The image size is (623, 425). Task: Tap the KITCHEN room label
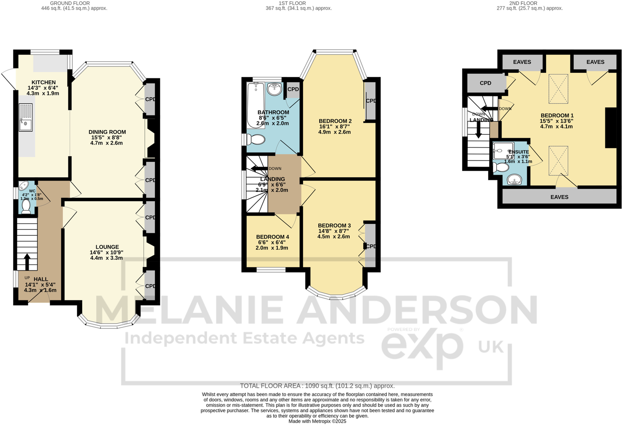click(44, 83)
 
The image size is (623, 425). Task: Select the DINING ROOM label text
click(107, 132)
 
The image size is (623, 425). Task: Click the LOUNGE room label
click(107, 247)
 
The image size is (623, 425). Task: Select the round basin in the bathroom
click(274, 89)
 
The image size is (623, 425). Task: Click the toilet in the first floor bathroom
click(255, 140)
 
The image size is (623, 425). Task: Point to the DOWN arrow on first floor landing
click(259, 168)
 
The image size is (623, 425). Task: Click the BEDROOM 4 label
click(273, 237)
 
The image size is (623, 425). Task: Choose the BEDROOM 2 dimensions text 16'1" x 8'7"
click(335, 127)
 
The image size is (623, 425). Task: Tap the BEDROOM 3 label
click(334, 226)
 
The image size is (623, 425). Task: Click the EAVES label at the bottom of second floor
click(559, 197)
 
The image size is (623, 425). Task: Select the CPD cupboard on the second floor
click(485, 83)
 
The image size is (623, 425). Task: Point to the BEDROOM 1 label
click(557, 116)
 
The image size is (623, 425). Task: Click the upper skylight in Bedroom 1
click(558, 89)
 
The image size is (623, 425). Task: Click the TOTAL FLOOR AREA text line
click(317, 386)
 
